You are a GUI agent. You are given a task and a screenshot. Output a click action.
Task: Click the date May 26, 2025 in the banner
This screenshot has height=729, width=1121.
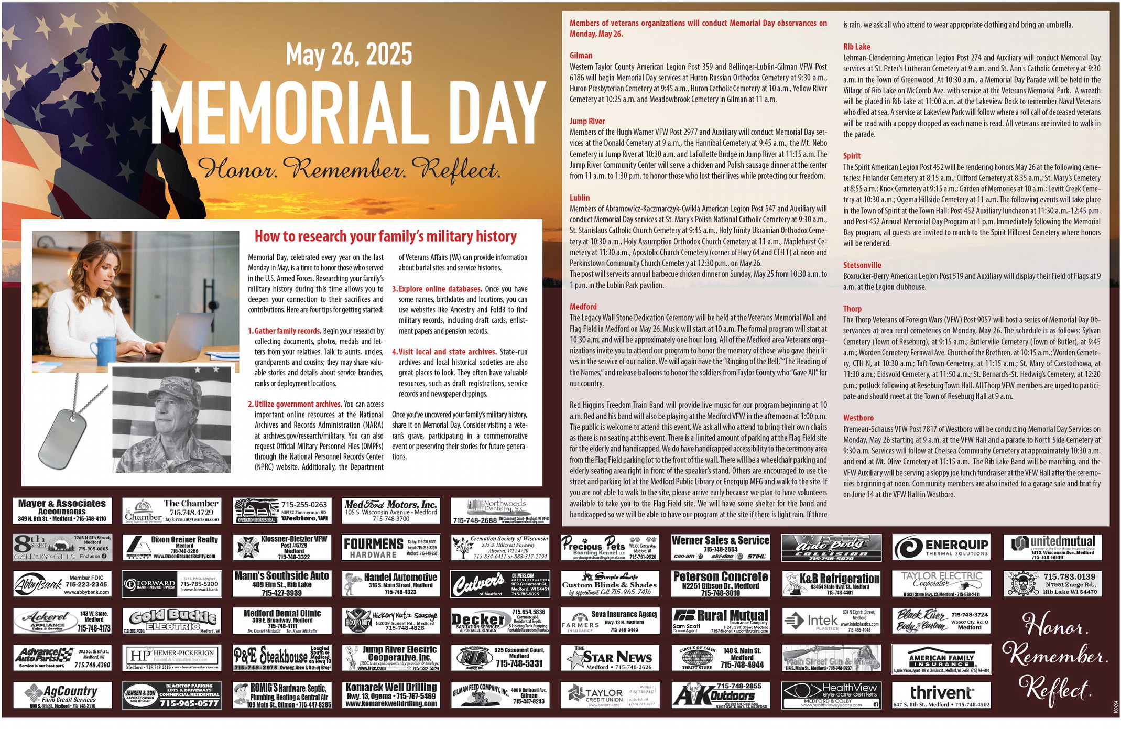pos(349,55)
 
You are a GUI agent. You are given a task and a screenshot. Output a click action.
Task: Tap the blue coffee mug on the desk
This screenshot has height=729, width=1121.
pos(103,351)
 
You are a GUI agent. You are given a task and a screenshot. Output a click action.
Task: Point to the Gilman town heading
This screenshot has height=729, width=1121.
pos(581,56)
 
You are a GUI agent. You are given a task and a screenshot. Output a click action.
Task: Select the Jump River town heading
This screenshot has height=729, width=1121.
pos(587,121)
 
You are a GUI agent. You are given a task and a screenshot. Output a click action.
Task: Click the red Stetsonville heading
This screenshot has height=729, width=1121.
pos(862,265)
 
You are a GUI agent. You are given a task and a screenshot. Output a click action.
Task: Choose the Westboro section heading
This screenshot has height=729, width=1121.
pos(858,418)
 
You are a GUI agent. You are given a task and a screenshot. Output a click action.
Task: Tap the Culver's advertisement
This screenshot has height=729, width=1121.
pos(500,584)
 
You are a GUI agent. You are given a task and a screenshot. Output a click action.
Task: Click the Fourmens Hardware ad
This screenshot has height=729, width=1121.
pos(390,547)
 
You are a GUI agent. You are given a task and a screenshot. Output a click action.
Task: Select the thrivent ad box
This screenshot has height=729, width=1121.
pos(941,695)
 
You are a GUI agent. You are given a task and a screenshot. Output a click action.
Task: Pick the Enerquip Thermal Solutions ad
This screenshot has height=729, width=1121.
pos(941,547)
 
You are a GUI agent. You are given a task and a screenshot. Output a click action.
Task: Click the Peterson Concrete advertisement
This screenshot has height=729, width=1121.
pos(721,584)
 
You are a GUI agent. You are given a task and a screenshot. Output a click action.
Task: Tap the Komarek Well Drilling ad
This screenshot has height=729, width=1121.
pos(390,695)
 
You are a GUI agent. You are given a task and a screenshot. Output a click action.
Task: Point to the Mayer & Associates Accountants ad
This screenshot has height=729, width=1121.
pos(62,510)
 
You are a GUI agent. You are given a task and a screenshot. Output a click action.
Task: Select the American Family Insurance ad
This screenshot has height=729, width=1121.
pos(941,659)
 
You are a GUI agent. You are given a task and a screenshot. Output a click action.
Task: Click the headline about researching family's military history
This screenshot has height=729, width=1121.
pos(385,236)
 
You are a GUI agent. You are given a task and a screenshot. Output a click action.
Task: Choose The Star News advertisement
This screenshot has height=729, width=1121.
pos(610,658)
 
